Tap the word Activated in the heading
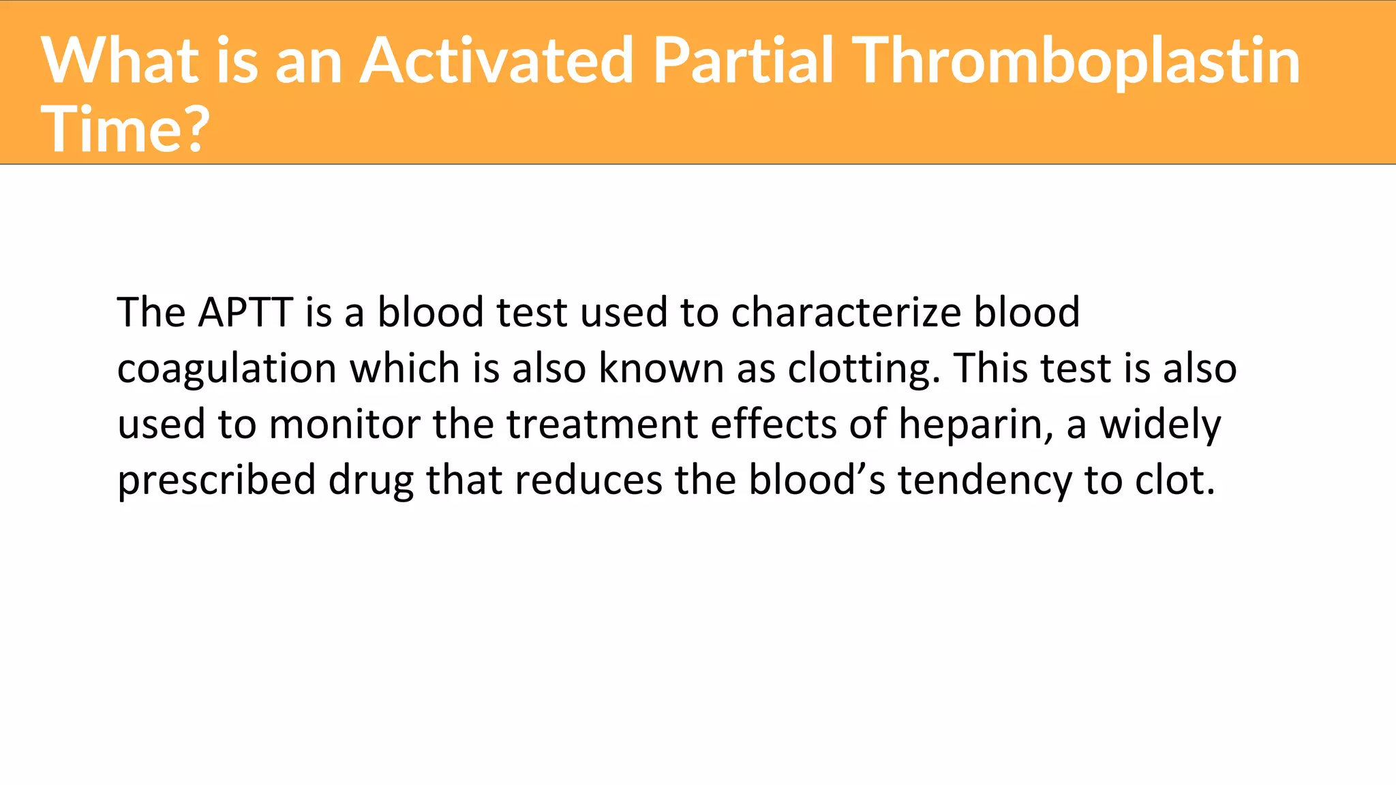point(497,61)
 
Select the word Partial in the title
point(743,61)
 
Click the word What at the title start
point(120,61)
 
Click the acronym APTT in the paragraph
point(245,313)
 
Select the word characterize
point(845,313)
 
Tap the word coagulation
point(226,369)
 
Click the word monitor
point(344,425)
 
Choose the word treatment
point(602,425)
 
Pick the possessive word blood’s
point(817,480)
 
